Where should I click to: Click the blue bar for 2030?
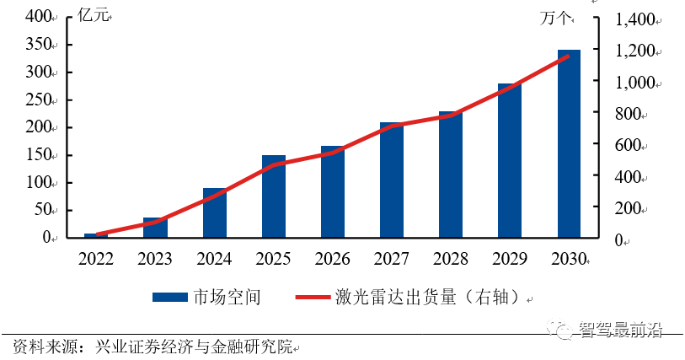(569, 143)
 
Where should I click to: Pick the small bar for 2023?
(155, 228)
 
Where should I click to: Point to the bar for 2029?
(510, 160)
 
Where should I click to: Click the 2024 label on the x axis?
(214, 259)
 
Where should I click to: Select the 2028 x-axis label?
(450, 259)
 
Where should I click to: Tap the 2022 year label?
(96, 259)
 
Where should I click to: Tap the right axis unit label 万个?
(555, 18)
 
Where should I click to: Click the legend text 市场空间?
(227, 297)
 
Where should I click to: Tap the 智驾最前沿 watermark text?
(620, 330)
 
